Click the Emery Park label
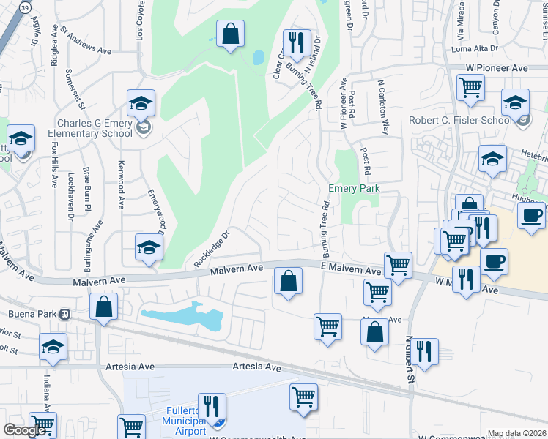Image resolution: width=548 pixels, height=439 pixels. [x=354, y=188]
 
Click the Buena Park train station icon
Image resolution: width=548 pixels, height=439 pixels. [x=65, y=314]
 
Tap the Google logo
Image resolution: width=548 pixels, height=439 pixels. [x=24, y=430]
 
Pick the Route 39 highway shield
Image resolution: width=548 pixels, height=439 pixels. [x=25, y=7]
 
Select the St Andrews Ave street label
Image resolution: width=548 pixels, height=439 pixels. [x=85, y=42]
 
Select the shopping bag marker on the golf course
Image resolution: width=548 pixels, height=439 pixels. [x=230, y=33]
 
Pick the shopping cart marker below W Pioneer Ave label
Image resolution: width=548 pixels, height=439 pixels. [x=470, y=88]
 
